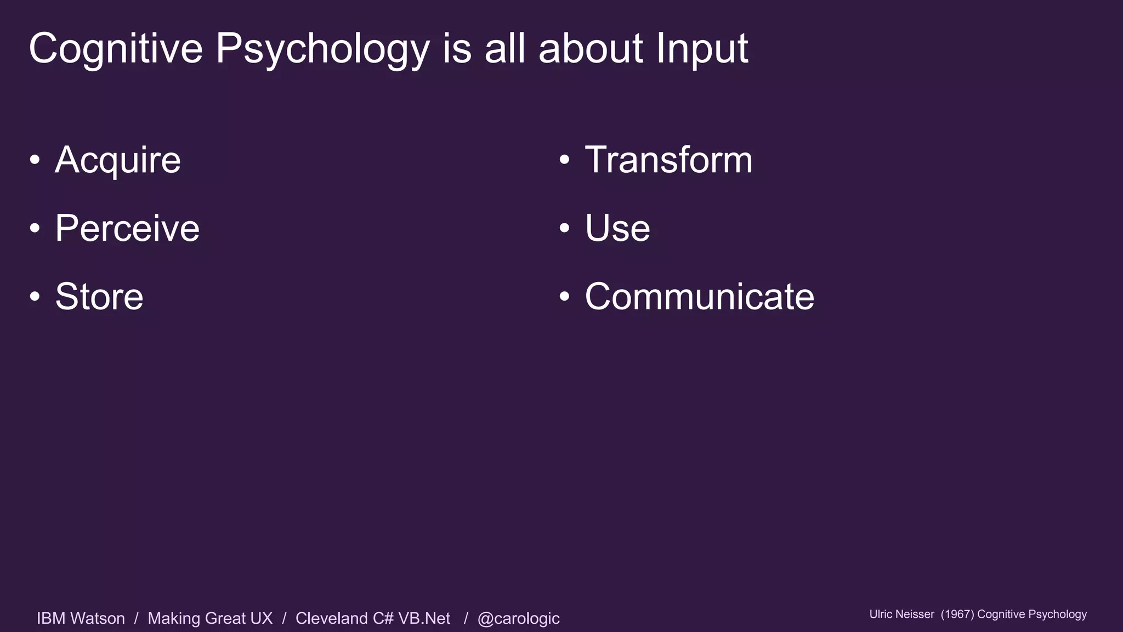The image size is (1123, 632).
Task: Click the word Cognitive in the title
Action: coord(116,49)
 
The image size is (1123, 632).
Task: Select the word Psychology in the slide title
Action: coord(322,49)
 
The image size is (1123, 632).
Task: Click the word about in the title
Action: coord(591,49)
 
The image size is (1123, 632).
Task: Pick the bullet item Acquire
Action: coord(118,160)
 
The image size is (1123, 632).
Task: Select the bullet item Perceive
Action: coord(127,228)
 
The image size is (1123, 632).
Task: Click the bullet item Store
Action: coord(99,296)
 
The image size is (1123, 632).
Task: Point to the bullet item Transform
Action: coord(668,160)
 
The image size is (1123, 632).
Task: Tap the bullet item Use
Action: coord(617,228)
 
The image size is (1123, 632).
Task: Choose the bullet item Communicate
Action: coord(699,296)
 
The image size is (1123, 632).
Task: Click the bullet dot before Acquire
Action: coord(35,160)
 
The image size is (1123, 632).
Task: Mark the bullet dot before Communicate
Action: coord(565,296)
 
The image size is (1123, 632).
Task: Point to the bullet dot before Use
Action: coord(565,228)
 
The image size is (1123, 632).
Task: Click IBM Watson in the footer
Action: coord(81,618)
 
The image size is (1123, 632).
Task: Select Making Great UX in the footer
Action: coord(210,618)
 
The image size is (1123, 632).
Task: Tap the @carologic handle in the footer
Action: coord(518,618)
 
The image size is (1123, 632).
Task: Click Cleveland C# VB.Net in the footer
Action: coord(373,618)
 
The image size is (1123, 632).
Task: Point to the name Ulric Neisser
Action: coord(901,614)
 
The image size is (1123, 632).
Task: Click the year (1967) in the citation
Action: coord(957,614)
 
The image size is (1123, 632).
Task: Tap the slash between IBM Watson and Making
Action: coord(136,618)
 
